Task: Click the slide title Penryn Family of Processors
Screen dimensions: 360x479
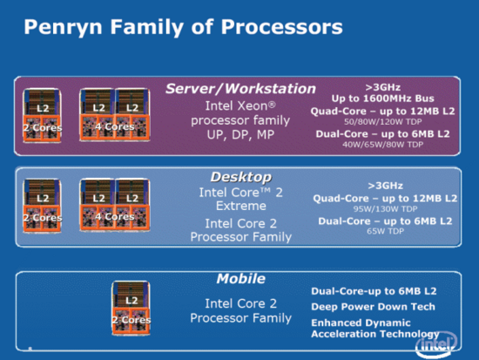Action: point(183,27)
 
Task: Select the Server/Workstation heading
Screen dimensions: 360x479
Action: point(240,88)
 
